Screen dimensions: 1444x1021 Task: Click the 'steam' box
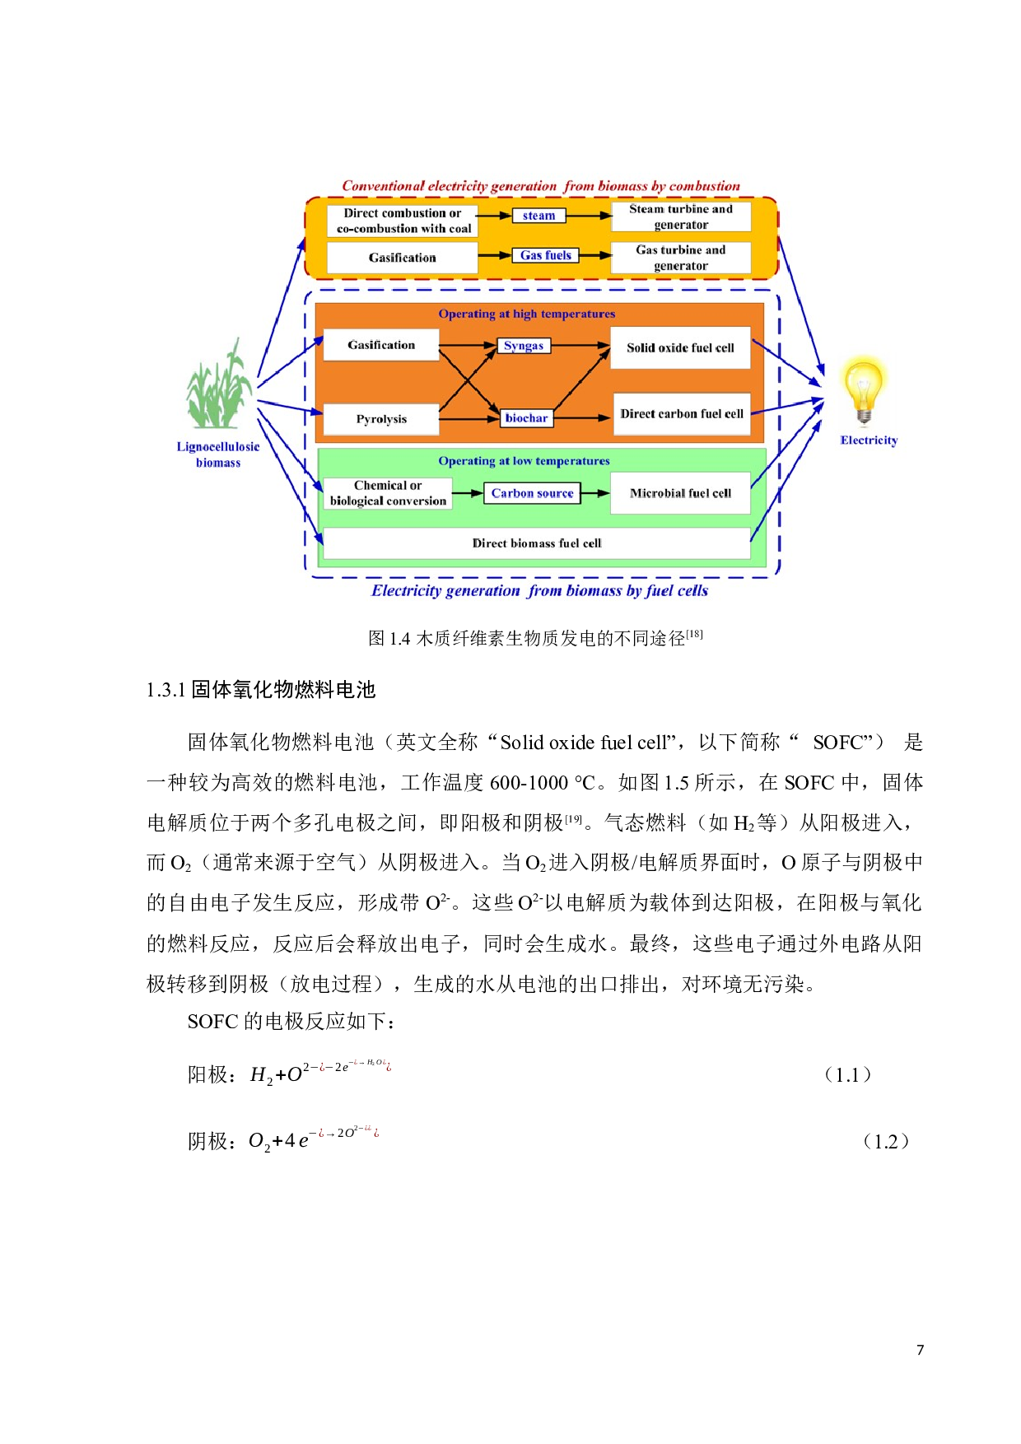(539, 216)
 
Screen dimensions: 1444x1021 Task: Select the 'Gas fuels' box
(545, 255)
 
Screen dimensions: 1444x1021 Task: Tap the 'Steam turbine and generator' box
(681, 217)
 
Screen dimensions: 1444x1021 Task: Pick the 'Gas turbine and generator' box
(681, 258)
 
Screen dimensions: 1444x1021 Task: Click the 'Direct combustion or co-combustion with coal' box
(403, 221)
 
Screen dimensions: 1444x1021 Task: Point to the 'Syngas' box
(524, 346)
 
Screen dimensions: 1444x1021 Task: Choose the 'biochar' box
(526, 418)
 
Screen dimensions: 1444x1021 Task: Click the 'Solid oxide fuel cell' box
(680, 347)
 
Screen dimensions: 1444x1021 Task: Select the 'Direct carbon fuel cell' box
(682, 414)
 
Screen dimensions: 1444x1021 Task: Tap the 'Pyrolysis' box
(381, 419)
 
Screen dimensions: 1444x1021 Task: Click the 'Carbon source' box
(532, 493)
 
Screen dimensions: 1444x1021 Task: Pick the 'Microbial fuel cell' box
(680, 493)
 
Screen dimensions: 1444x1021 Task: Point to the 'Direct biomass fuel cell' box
(537, 543)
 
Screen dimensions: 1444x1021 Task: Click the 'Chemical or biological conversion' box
(388, 493)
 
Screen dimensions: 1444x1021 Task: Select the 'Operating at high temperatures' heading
(526, 314)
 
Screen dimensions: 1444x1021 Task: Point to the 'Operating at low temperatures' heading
(524, 461)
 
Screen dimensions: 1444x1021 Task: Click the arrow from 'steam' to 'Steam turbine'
(590, 216)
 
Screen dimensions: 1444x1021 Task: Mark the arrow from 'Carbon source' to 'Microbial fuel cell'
(595, 493)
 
